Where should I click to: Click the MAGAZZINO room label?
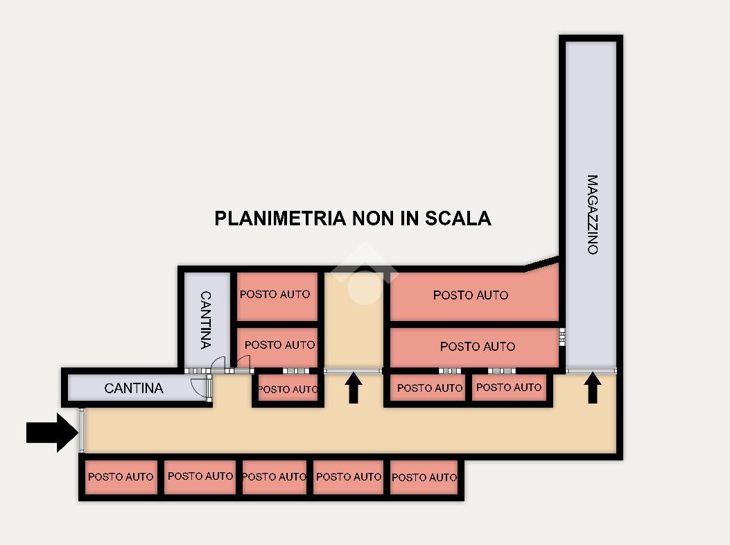click(592, 215)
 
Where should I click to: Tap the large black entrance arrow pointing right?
click(52, 433)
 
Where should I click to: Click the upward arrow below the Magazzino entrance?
click(592, 388)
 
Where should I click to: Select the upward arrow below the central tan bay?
click(354, 388)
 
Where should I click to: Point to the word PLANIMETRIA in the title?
click(280, 218)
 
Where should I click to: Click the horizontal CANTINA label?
click(134, 388)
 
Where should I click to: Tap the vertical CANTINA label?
click(205, 320)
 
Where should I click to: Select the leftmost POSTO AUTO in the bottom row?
click(121, 477)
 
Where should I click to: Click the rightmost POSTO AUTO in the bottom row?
click(424, 478)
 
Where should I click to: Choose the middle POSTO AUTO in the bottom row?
click(275, 477)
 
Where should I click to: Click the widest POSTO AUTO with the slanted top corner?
click(471, 295)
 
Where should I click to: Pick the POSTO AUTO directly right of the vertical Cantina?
click(275, 295)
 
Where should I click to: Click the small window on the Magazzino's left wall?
click(562, 337)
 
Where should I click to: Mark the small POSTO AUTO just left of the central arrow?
click(288, 390)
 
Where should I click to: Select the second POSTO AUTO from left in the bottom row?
click(200, 476)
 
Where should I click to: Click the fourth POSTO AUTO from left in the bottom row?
click(349, 477)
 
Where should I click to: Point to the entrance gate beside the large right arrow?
click(82, 431)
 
